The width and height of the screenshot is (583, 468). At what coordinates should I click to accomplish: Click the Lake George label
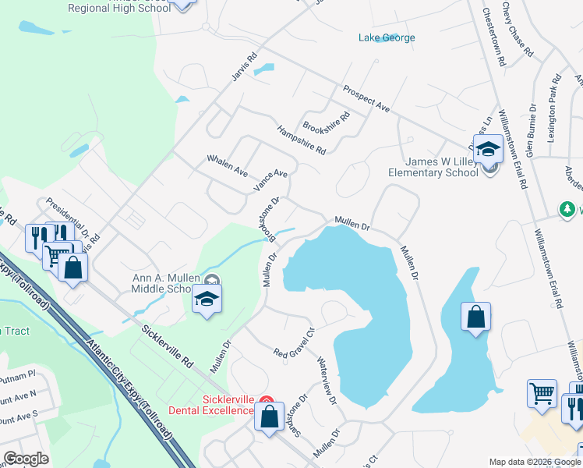pyautogui.click(x=387, y=37)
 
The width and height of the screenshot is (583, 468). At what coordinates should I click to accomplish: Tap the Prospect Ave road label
pyautogui.click(x=366, y=97)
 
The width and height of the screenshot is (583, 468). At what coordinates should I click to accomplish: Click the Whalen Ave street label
pyautogui.click(x=227, y=165)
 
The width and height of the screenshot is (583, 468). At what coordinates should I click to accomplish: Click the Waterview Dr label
pyautogui.click(x=326, y=381)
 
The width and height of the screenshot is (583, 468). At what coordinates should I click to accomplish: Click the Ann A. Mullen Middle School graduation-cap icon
pyautogui.click(x=207, y=300)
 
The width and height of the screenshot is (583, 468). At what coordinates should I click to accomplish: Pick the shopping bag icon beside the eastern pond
pyautogui.click(x=475, y=317)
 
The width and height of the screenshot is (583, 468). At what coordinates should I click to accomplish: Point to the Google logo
pyautogui.click(x=26, y=459)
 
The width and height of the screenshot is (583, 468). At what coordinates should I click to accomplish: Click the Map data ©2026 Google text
pyautogui.click(x=534, y=462)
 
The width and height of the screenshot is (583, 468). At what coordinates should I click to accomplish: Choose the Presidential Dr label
pyautogui.click(x=68, y=218)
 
